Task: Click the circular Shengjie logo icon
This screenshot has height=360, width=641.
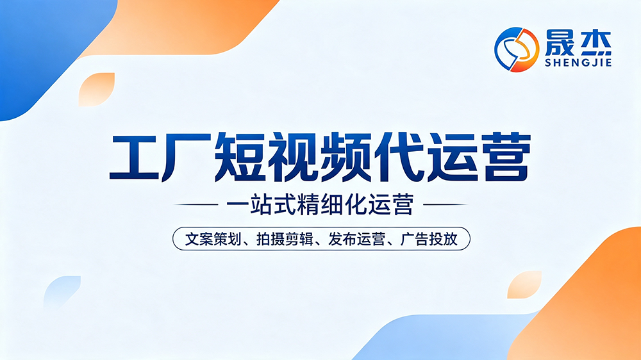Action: click(517, 49)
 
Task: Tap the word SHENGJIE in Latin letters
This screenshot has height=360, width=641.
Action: click(578, 63)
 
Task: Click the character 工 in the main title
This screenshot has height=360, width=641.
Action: click(134, 156)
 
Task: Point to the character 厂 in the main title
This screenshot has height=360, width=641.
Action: click(187, 157)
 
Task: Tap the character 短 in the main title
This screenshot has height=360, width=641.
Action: click(240, 157)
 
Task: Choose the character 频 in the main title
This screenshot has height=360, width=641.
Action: click(346, 157)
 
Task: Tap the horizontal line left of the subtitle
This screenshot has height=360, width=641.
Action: click(196, 204)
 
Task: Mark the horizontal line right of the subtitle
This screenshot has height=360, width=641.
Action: click(445, 204)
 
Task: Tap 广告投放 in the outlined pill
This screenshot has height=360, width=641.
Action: click(429, 239)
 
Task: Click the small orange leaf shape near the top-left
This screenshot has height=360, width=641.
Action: click(97, 90)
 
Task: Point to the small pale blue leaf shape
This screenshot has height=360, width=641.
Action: click(62, 291)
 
